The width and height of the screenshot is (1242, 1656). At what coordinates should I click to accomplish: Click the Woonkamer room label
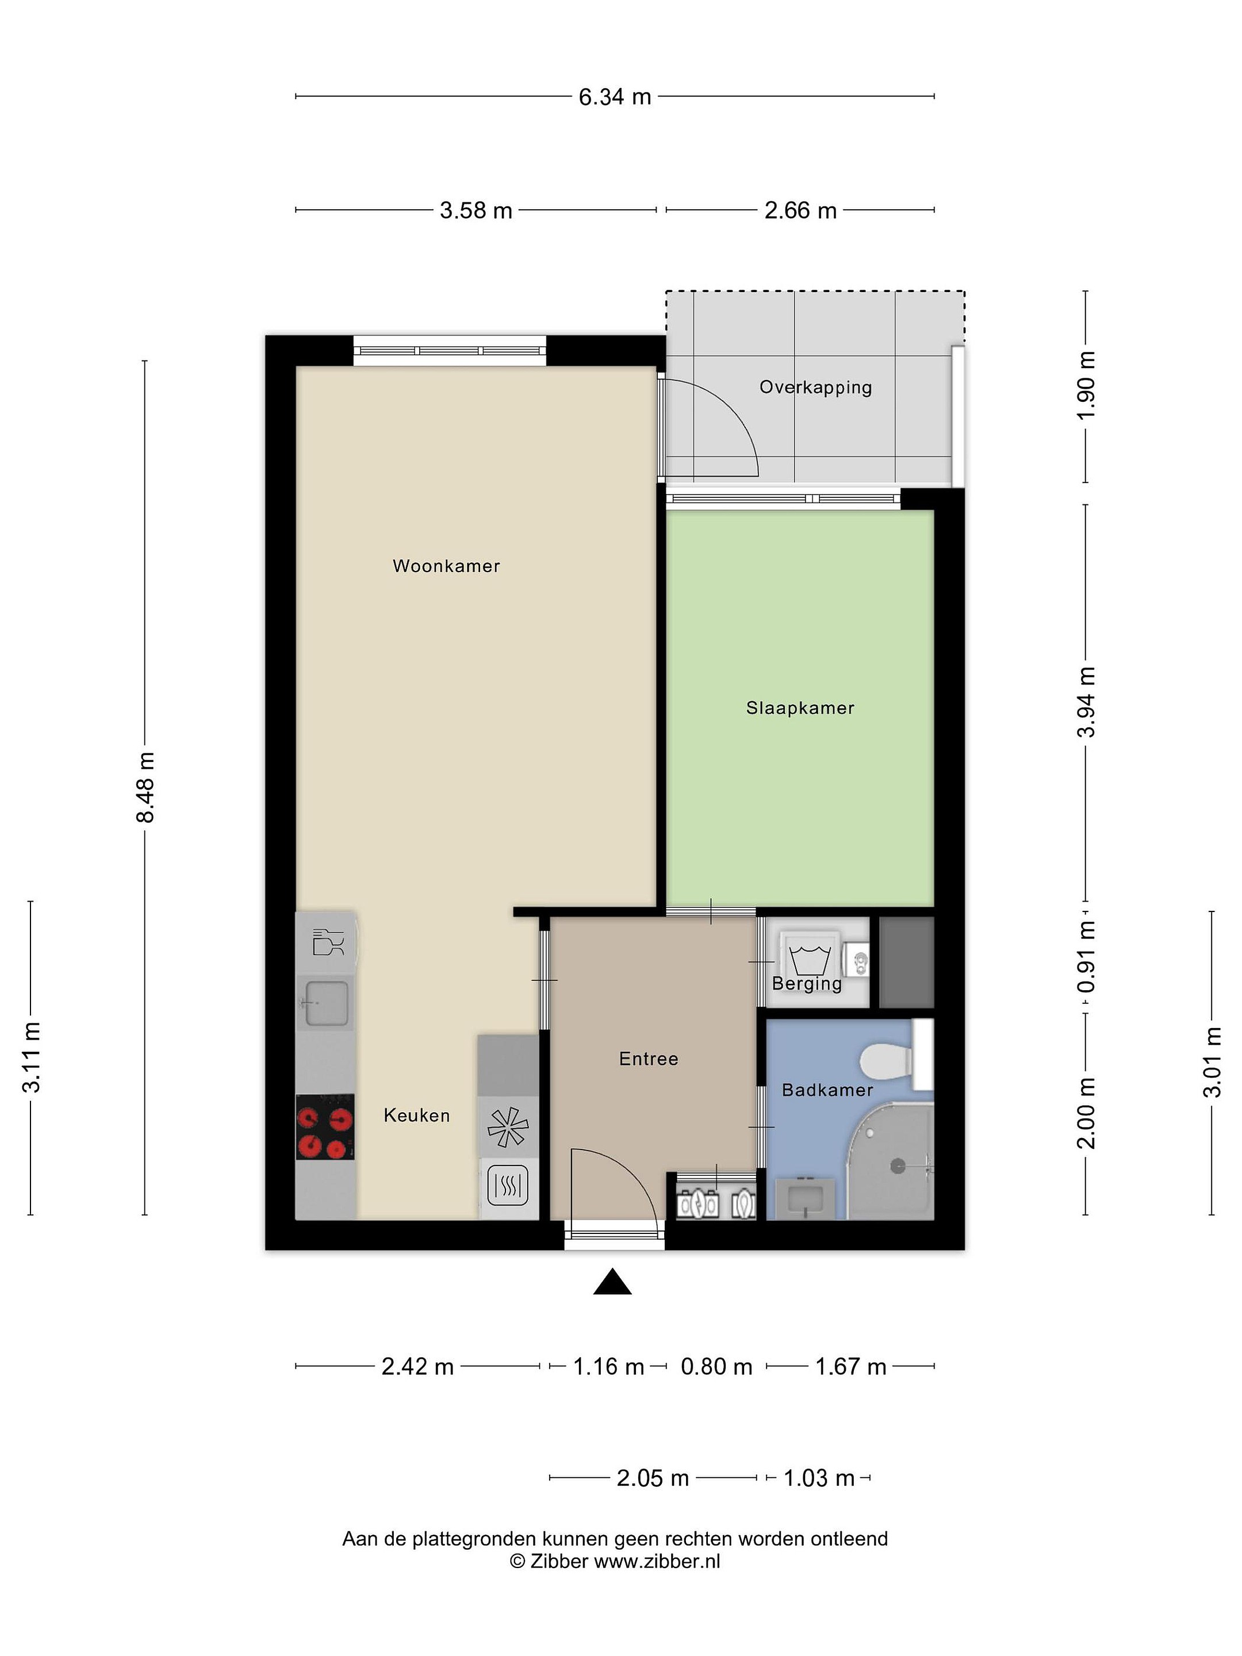[446, 566]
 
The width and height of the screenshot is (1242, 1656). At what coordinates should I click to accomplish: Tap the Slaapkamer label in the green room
[800, 708]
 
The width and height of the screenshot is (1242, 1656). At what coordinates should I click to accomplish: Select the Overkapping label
[815, 388]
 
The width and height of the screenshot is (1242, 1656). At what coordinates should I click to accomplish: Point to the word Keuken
[416, 1115]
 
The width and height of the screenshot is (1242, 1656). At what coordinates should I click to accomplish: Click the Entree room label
[649, 1059]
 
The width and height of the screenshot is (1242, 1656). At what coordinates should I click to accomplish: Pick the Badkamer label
[827, 1090]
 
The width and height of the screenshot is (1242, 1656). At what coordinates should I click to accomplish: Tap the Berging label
[806, 984]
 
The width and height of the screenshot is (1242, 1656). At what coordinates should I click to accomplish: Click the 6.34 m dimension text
[615, 97]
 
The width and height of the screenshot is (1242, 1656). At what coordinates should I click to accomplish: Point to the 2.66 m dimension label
[800, 211]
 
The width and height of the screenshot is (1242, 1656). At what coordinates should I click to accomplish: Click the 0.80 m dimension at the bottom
[716, 1367]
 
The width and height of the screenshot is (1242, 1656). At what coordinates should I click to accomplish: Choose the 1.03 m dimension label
[818, 1478]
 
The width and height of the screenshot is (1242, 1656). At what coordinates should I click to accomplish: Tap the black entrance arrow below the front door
[612, 1282]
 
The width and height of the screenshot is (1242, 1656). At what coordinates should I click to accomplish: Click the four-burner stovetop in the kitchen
[325, 1126]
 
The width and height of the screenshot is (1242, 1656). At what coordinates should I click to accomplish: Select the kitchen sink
[325, 1002]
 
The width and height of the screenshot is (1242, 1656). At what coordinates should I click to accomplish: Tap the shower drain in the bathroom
[897, 1166]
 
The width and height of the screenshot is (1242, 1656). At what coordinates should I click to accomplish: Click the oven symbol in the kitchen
[508, 1187]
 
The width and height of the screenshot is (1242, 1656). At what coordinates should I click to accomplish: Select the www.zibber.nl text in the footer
[657, 1562]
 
